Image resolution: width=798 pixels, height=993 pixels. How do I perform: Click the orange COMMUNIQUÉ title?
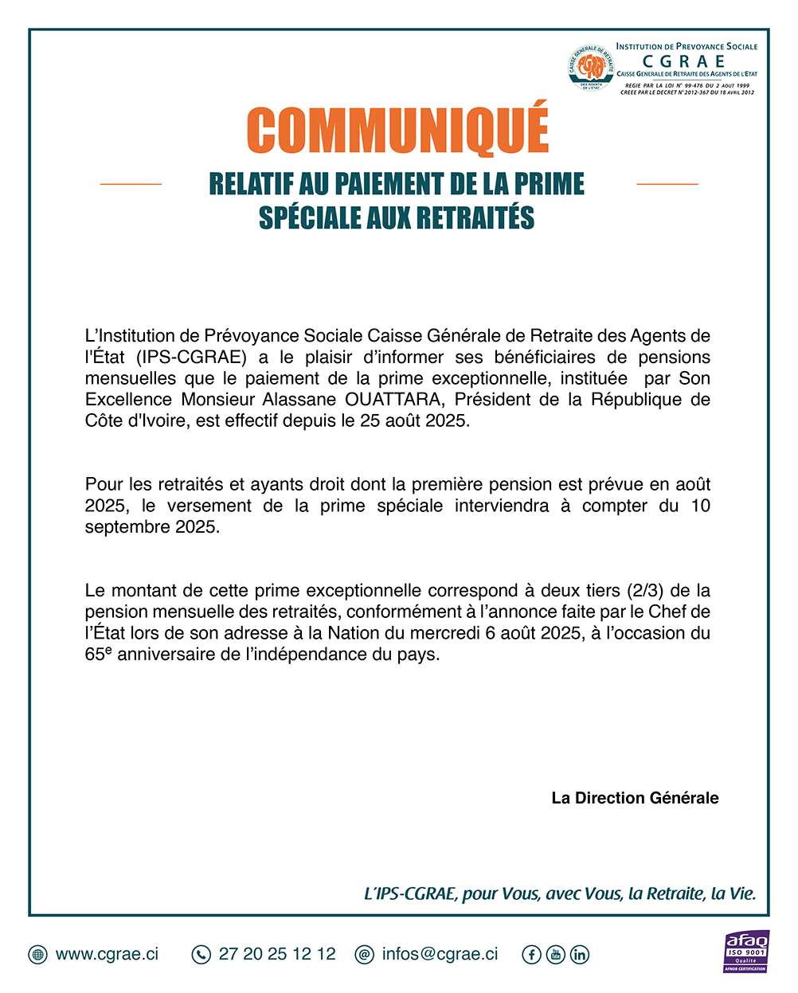[x=397, y=129]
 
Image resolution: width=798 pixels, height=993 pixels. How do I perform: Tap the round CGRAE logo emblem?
[x=591, y=68]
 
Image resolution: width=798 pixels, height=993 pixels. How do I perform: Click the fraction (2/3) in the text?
[x=647, y=590]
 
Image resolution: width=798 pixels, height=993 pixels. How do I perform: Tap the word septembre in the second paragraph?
[x=123, y=527]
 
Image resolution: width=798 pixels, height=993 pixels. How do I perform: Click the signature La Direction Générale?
[x=635, y=798]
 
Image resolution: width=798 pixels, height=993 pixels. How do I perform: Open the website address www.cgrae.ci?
[x=107, y=954]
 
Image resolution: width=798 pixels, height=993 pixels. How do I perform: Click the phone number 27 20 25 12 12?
[x=277, y=954]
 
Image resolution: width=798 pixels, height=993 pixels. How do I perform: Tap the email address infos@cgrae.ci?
[x=440, y=954]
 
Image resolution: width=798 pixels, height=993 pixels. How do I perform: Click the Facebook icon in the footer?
[x=531, y=954]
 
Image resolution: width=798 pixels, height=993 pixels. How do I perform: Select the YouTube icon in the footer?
[x=555, y=954]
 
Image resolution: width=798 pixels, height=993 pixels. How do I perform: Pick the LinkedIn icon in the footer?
[x=580, y=954]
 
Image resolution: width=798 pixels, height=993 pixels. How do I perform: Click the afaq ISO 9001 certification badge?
[x=745, y=951]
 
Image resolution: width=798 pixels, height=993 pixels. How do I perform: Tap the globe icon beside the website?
[x=37, y=954]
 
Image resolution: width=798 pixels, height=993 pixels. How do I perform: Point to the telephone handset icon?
[x=201, y=954]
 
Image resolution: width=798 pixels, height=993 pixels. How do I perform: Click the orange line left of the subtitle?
[x=131, y=184]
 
